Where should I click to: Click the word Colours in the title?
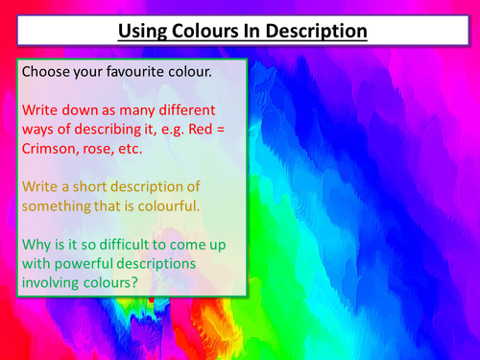click(x=205, y=31)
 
